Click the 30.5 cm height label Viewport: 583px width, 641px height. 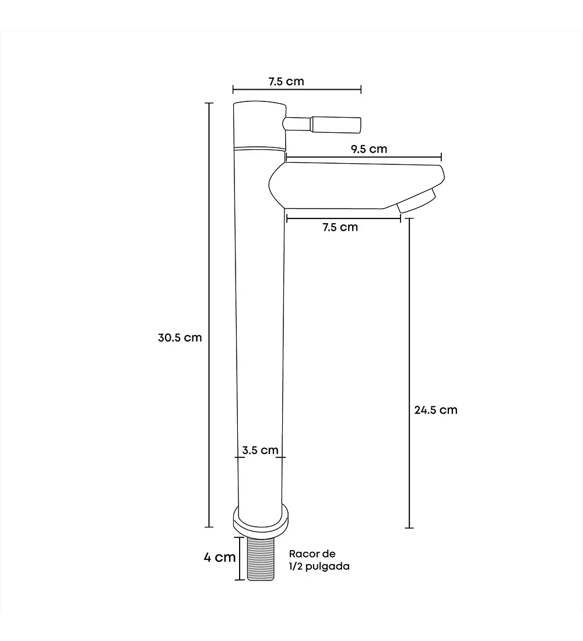[x=180, y=337]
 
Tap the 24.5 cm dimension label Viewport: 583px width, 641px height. [x=436, y=410]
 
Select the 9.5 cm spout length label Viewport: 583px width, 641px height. [x=369, y=149]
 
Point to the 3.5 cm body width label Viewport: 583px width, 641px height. [x=260, y=450]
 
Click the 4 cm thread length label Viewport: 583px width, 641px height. [x=220, y=557]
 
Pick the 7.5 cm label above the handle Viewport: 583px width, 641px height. [x=286, y=82]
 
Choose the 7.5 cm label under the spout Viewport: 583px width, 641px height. [x=340, y=227]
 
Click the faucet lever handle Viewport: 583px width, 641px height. [x=322, y=124]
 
